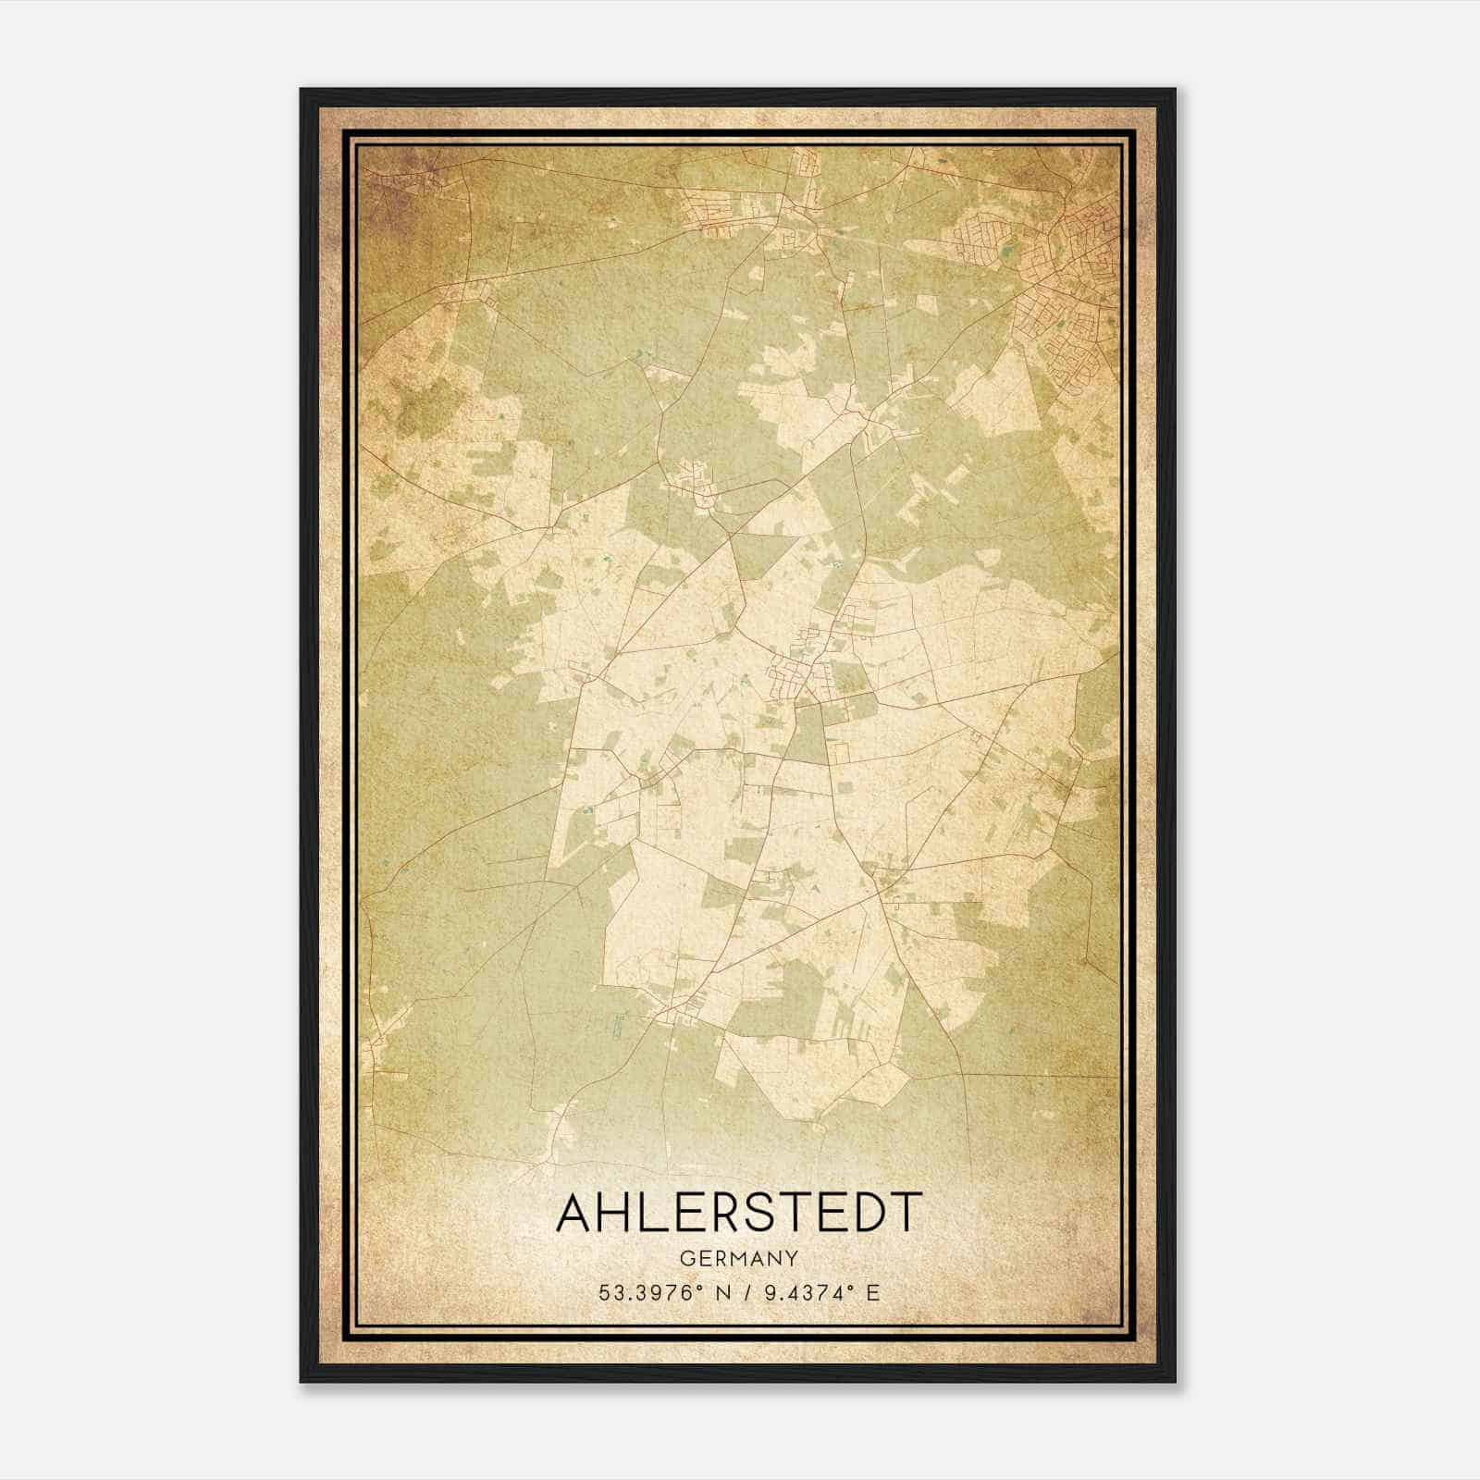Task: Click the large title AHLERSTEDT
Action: click(x=739, y=1213)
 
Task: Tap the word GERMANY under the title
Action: click(x=739, y=1258)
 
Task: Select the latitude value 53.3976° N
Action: click(x=660, y=1293)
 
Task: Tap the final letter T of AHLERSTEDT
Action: click(x=906, y=1213)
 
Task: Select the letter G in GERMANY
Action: click(x=685, y=1258)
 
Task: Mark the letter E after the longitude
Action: click(x=872, y=1293)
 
